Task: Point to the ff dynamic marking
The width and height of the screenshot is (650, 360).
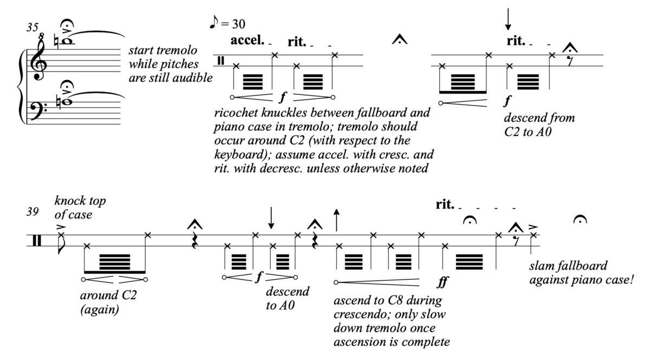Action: (443, 282)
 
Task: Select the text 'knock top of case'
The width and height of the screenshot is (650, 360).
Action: (80, 208)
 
